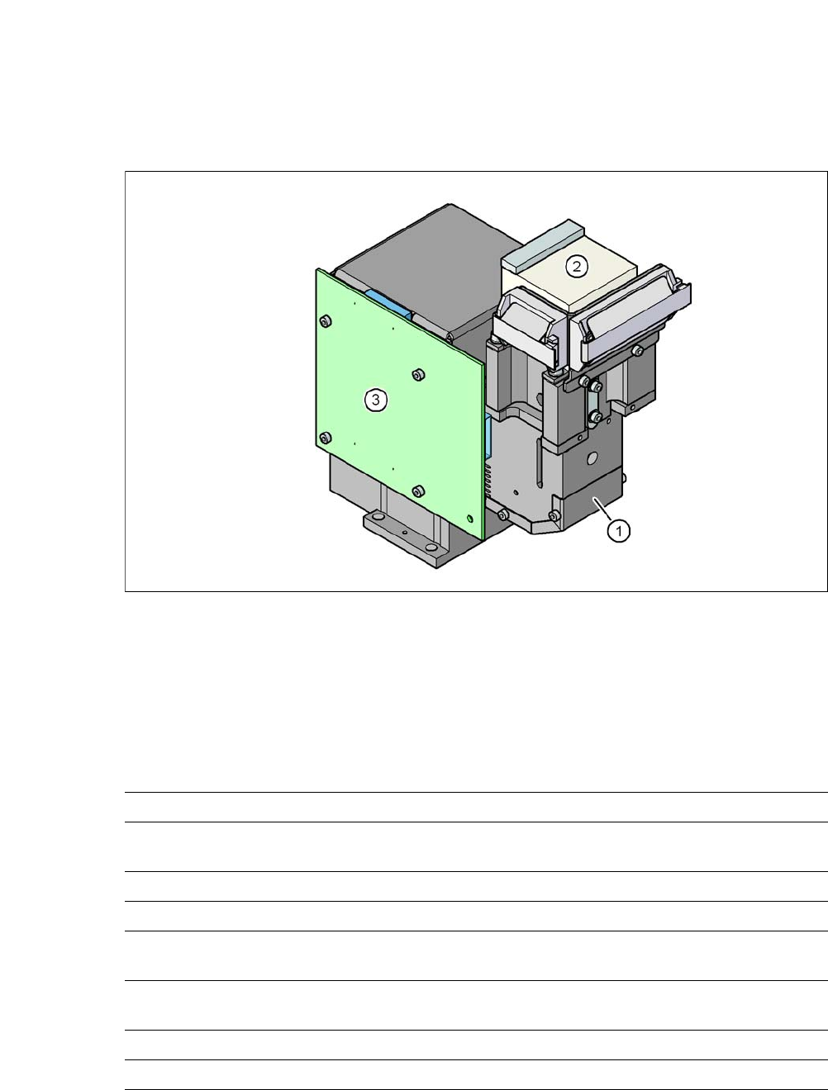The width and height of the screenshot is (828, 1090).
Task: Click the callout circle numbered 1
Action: [x=619, y=531]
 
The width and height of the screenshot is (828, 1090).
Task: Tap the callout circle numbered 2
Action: [x=577, y=267]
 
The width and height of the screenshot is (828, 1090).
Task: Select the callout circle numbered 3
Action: [x=375, y=400]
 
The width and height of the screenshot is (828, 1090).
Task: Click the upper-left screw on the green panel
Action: [x=325, y=322]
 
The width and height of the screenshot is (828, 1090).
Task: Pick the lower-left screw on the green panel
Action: [x=326, y=438]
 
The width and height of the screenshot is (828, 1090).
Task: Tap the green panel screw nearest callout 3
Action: [x=419, y=374]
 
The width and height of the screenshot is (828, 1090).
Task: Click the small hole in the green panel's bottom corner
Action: [x=470, y=519]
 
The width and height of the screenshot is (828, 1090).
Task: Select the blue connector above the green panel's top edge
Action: [x=389, y=305]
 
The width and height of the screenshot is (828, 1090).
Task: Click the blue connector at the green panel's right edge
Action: [x=488, y=437]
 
